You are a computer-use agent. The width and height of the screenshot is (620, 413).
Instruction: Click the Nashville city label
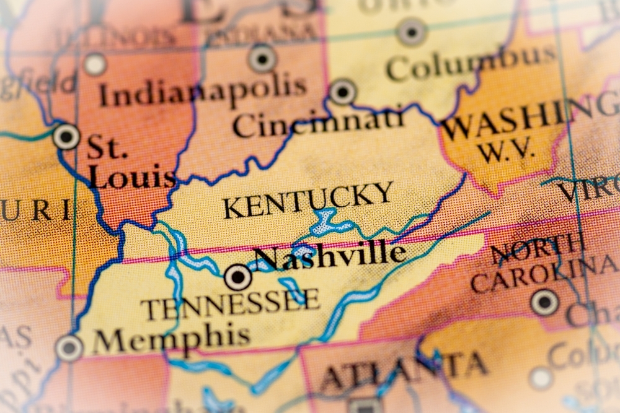coord(330,255)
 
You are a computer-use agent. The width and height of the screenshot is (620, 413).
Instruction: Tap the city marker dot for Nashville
coord(238,277)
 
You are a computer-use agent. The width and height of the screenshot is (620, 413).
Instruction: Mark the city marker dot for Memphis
coord(69,347)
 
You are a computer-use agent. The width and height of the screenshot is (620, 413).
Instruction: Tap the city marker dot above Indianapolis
coord(262,58)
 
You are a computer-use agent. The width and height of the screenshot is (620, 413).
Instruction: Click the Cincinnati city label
coord(319,123)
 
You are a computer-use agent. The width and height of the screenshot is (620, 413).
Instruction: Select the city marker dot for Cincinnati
coord(343,92)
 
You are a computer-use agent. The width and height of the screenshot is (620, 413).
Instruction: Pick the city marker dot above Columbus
coord(412,31)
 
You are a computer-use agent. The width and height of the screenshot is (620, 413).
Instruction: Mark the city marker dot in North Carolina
coord(544,302)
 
